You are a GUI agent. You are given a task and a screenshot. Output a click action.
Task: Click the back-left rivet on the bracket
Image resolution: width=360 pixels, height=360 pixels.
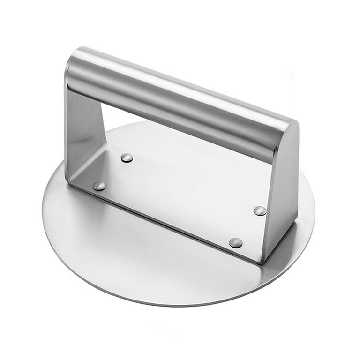click(x=127, y=158)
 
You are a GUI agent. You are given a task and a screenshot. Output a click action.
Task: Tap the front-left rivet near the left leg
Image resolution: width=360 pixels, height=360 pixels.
click(x=99, y=186)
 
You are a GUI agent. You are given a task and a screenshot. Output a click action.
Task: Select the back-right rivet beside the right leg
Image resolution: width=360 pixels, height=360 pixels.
click(x=260, y=210)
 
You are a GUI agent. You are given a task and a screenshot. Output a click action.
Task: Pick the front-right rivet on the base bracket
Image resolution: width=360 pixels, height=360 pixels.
click(x=236, y=242)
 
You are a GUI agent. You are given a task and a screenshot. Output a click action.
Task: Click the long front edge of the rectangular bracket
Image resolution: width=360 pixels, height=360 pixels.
click(x=164, y=220)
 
